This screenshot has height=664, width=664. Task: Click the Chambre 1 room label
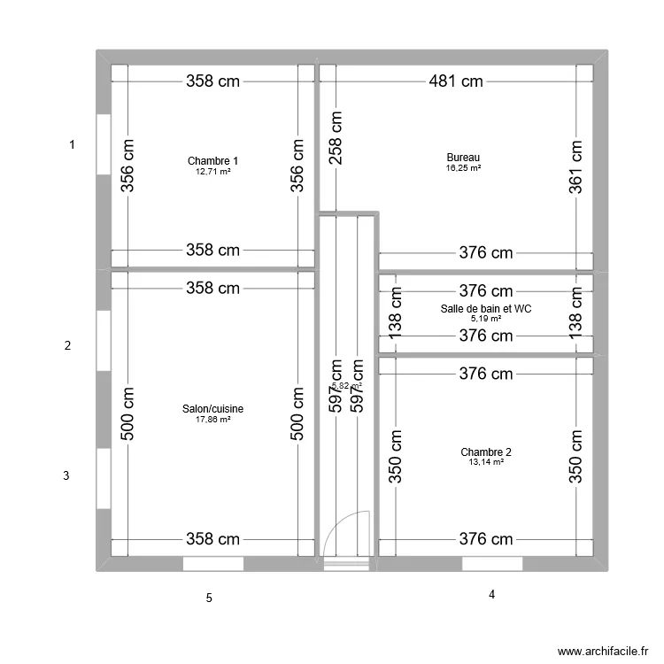click(x=212, y=160)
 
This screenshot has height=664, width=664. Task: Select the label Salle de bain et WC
click(x=485, y=308)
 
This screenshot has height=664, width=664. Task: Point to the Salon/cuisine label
click(x=212, y=409)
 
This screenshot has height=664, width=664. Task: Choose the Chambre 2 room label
click(x=485, y=452)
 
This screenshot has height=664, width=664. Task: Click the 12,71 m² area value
click(x=212, y=171)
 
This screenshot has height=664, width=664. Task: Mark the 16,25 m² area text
click(x=463, y=168)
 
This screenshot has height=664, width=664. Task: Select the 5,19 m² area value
click(x=485, y=319)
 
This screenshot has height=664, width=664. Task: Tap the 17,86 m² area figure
click(x=212, y=420)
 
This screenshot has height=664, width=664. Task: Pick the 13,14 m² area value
click(x=485, y=462)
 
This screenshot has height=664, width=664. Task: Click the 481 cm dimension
click(x=458, y=81)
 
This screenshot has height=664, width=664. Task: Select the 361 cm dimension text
click(x=576, y=166)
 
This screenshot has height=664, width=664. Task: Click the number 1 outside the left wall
click(x=73, y=144)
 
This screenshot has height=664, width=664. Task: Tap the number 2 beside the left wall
click(x=67, y=346)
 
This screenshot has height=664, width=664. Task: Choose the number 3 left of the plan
click(x=66, y=476)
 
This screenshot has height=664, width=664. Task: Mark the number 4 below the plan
click(x=490, y=595)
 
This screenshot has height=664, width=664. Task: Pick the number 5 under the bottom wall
click(x=209, y=598)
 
